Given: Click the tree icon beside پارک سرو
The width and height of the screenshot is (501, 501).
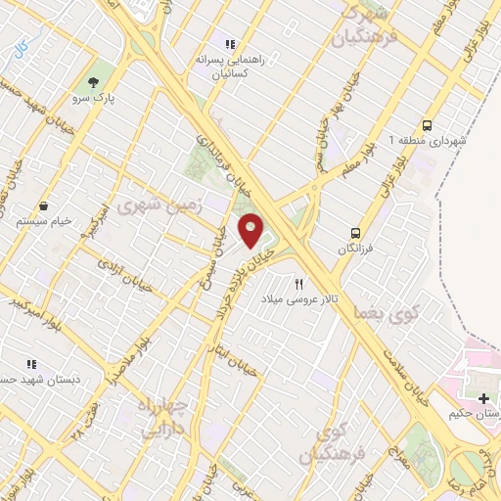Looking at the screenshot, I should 93,82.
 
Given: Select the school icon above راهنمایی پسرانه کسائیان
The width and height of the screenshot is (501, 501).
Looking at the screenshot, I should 231,44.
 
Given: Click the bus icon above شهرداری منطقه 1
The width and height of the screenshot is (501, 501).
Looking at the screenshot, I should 428,125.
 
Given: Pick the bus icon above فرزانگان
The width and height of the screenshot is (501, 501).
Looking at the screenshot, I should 356,234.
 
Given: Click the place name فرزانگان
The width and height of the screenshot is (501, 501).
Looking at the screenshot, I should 356,250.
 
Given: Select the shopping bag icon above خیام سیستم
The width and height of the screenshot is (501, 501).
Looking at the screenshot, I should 45,206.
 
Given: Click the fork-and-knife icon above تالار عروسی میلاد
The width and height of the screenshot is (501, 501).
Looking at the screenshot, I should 286,283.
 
